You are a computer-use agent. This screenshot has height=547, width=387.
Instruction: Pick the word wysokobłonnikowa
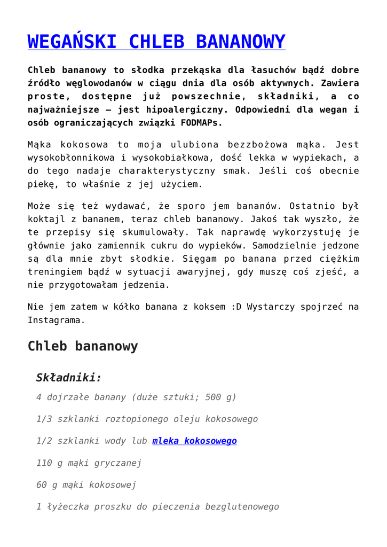73,158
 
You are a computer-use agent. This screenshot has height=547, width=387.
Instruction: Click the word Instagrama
57,320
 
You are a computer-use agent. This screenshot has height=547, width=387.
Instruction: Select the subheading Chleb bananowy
83,346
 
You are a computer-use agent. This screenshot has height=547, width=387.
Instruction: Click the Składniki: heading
69,378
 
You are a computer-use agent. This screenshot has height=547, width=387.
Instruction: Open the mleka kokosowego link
194,441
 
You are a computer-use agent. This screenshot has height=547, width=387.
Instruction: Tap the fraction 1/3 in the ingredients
44,419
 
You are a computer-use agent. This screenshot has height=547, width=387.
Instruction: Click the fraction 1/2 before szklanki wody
44,441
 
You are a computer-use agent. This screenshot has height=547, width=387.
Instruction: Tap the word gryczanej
118,463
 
